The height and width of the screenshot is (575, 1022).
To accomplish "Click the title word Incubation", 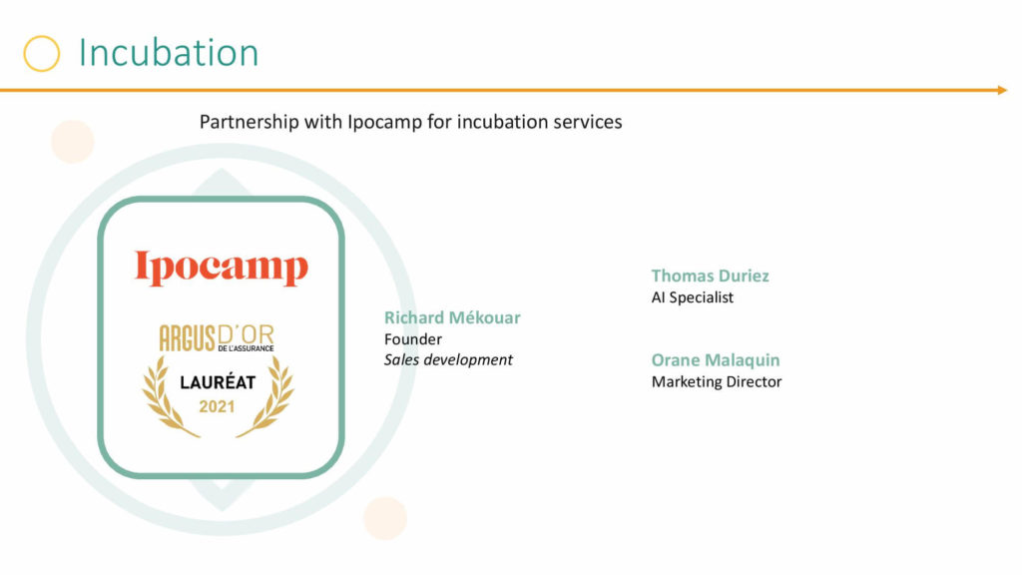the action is coord(169,52).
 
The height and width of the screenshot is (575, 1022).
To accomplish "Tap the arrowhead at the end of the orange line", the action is coord(1002,90).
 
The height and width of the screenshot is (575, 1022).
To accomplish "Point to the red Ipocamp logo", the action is coord(221,268).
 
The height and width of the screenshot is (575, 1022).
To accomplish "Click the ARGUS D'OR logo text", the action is coord(217,337).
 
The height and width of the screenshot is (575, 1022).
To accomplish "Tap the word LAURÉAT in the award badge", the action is coord(218,382).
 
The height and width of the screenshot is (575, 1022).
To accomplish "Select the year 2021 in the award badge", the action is coord(217,407).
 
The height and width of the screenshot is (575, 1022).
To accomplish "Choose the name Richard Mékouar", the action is coord(452,317).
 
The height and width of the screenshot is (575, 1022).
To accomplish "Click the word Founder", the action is coord(413,339).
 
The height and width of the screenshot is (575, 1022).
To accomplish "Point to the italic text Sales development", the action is coord(448,359).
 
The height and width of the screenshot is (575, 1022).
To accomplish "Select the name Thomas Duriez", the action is coord(711,276).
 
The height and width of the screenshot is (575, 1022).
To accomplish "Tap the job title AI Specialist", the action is coord(693,297).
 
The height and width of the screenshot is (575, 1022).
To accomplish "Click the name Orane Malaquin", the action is coord(716,359).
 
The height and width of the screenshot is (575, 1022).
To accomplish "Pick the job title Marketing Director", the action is coord(717,381).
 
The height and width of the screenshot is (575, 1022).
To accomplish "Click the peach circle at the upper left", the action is coord(72,142).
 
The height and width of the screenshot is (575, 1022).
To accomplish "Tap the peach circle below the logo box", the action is coord(385,518).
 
